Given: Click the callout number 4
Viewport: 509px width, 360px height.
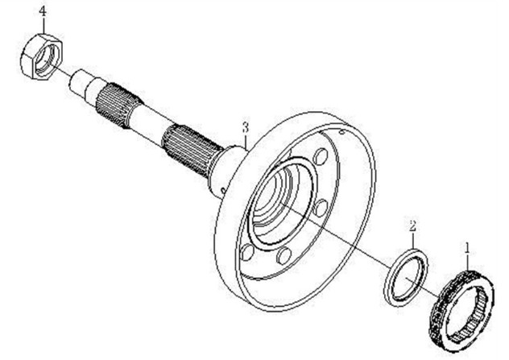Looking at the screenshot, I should (19, 11).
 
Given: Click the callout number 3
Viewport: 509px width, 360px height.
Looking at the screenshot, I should (245, 126).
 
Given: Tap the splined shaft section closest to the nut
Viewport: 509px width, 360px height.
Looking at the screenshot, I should (112, 101).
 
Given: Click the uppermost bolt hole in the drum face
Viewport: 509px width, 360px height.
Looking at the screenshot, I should (319, 157).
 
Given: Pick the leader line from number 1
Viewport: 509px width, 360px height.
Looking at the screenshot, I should (466, 258).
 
